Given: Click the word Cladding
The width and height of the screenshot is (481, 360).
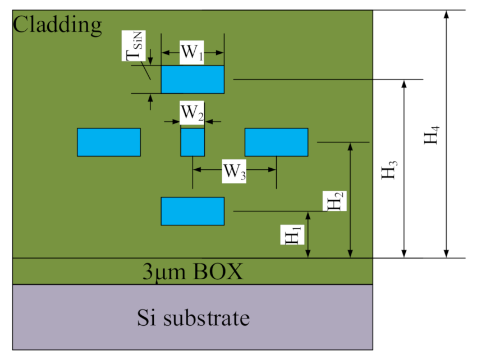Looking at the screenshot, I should (x=58, y=24).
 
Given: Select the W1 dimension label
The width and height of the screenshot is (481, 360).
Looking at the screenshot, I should (x=191, y=53).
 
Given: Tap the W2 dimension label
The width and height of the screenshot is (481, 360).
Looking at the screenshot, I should (x=191, y=113).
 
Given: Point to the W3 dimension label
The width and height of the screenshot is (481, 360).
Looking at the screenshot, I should (x=235, y=171).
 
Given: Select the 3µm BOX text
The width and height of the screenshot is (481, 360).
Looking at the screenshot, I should (x=193, y=272).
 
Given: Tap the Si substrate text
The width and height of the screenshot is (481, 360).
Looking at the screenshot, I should (x=193, y=318).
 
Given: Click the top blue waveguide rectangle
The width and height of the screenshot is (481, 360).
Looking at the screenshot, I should (x=193, y=80).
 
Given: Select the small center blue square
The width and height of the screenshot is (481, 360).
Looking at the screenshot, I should (x=193, y=142).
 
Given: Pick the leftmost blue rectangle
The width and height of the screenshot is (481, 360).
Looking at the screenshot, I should (x=108, y=142).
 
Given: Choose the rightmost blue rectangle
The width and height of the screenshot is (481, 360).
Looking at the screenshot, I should (x=276, y=142).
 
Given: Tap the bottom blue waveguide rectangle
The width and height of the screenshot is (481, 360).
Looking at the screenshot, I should (x=193, y=211).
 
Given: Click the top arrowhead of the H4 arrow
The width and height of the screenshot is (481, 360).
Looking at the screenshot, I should (x=447, y=14).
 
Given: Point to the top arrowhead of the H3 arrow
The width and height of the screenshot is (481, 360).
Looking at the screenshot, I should (x=404, y=84).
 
